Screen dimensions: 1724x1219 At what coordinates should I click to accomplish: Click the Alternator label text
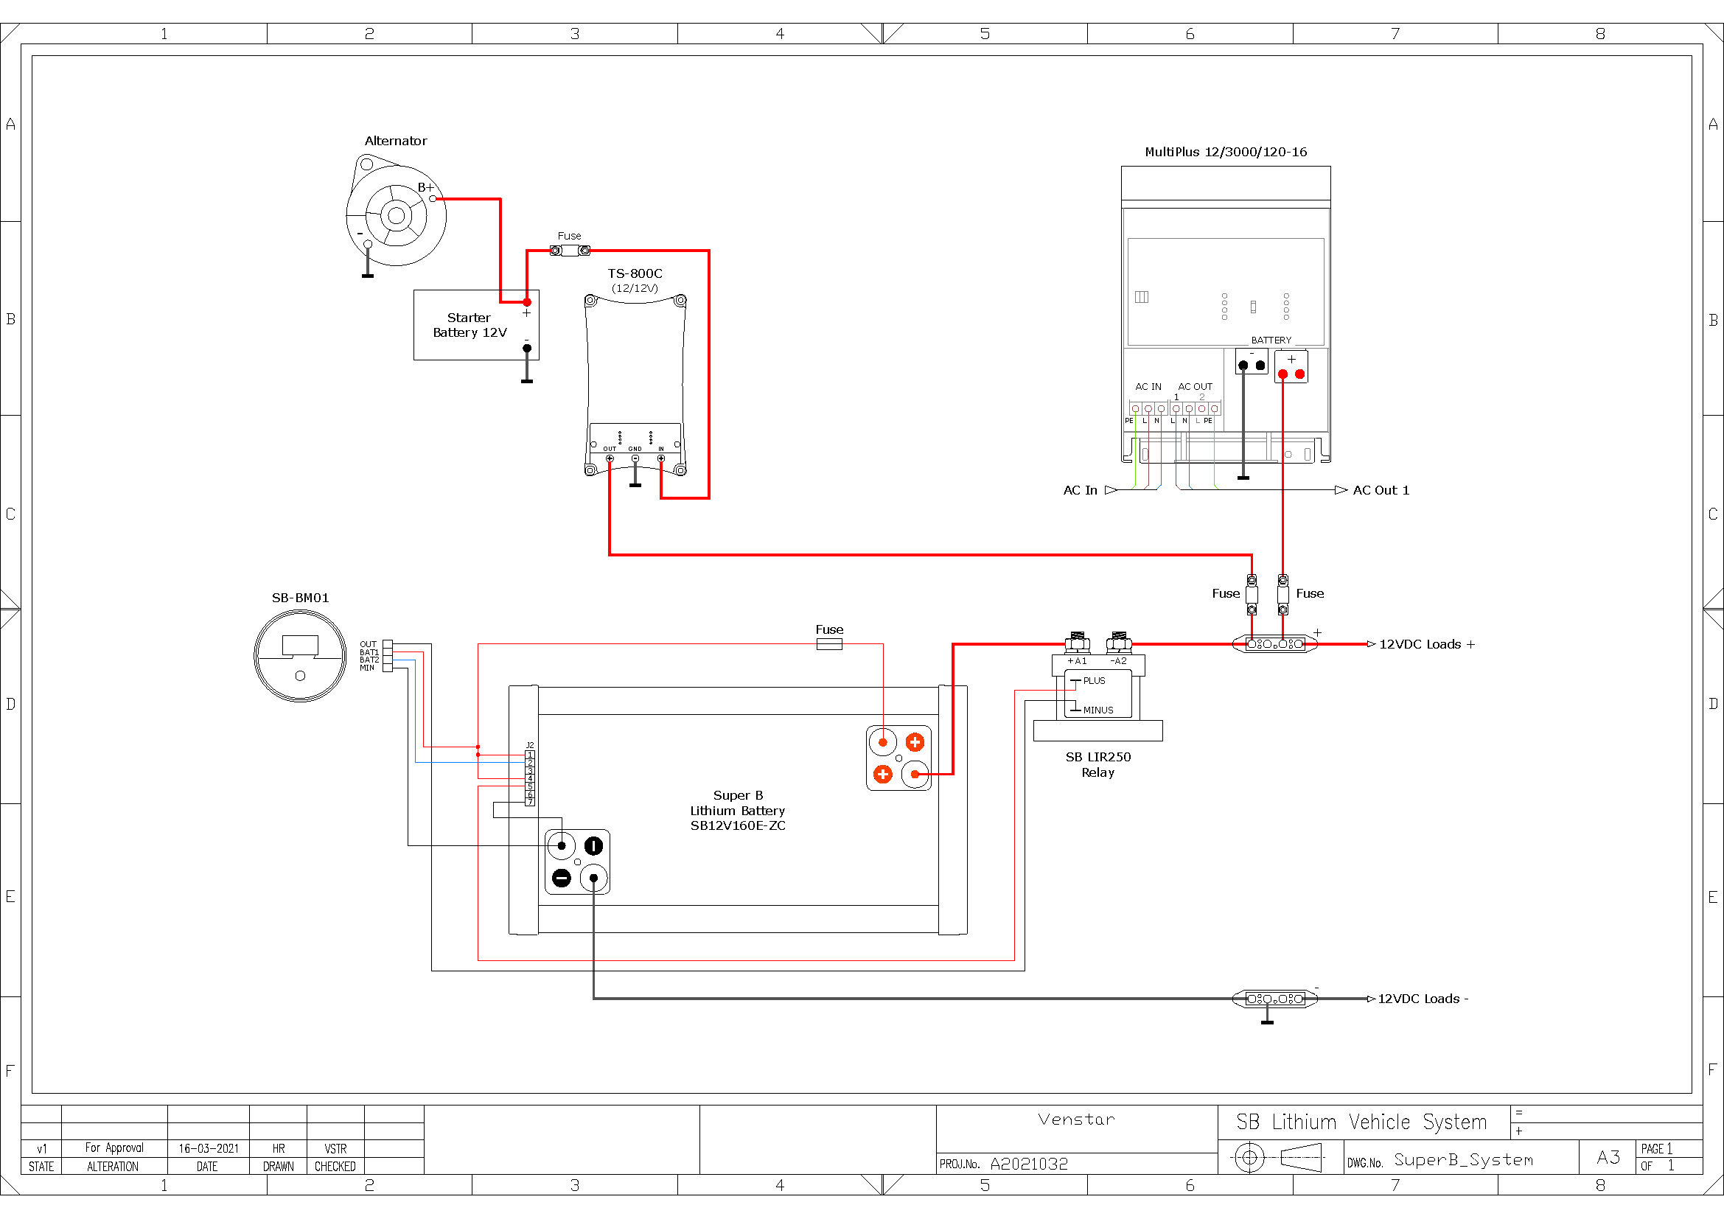tap(396, 141)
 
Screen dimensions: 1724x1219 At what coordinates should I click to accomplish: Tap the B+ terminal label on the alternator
tap(425, 188)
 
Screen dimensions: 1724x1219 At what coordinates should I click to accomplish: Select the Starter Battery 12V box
tap(476, 325)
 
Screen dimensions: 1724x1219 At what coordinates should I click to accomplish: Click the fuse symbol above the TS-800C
tap(570, 251)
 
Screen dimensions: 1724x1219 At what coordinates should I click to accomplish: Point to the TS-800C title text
tap(635, 273)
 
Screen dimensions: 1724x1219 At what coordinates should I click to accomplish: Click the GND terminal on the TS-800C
tap(635, 458)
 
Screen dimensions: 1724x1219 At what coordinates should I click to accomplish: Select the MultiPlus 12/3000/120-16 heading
tap(1226, 153)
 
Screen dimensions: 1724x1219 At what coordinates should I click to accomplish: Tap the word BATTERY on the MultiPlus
tap(1271, 340)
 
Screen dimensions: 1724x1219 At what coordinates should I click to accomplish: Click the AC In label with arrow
tap(1089, 490)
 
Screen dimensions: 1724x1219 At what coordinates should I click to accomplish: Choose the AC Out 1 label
tap(1381, 490)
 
